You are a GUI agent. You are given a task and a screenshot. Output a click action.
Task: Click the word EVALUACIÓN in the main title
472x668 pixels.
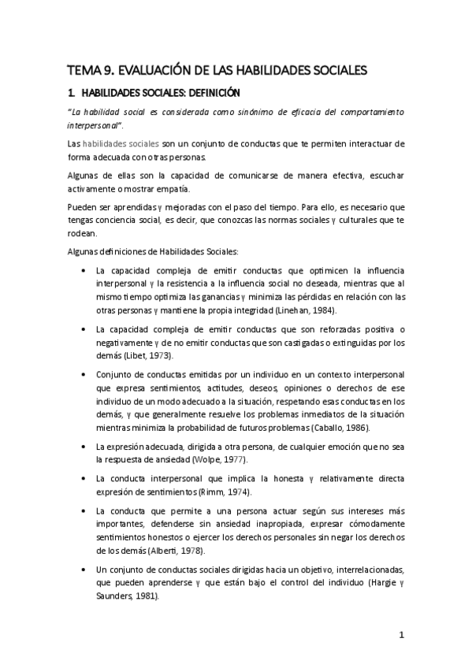point(154,70)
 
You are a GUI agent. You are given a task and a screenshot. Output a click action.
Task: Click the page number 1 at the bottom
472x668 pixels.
point(402,634)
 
